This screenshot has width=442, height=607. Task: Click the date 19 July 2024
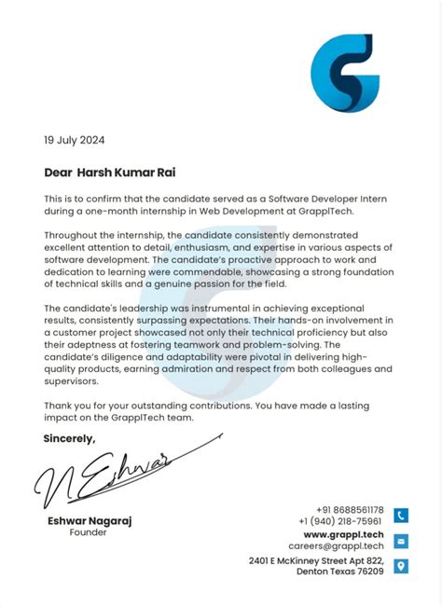tap(75, 141)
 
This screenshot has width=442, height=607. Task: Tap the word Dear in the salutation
tap(58, 172)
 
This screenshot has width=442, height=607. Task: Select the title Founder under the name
tap(89, 533)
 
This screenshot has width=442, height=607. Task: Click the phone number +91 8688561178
tap(350, 510)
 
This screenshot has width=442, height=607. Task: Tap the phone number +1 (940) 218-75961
tap(340, 521)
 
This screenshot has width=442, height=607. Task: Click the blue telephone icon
tap(400, 515)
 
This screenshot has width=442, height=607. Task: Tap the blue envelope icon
tap(400, 541)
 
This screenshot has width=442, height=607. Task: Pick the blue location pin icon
tap(400, 566)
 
